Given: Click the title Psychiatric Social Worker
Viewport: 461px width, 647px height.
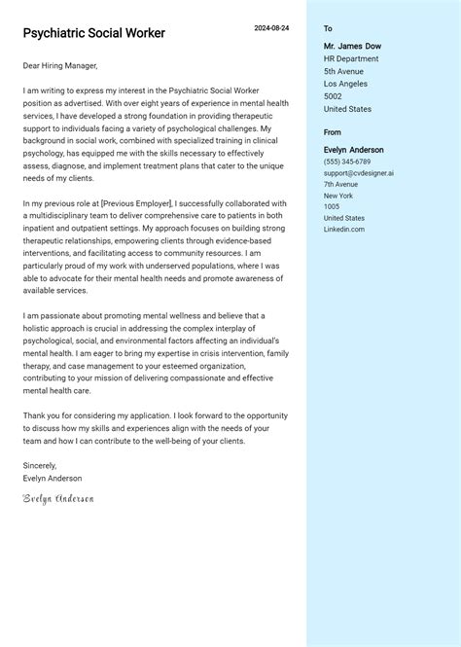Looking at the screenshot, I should [x=94, y=33].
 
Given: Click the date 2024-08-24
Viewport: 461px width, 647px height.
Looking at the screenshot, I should [x=271, y=28].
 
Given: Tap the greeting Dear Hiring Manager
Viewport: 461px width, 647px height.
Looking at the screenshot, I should [x=60, y=66].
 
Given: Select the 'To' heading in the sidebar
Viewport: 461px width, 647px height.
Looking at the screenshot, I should [x=328, y=29].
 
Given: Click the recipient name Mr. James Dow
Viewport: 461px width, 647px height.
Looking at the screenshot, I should [x=352, y=46].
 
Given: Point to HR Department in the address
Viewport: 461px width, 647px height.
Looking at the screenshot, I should [x=351, y=58].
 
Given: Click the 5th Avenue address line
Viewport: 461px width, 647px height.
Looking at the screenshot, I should [x=342, y=71].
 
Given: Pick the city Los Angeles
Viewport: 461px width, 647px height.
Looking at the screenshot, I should [x=346, y=84].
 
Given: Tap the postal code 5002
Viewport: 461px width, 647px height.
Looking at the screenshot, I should [x=333, y=96].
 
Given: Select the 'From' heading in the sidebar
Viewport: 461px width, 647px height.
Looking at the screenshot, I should [x=333, y=132].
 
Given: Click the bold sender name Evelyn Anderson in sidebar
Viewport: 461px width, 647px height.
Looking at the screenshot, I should [x=354, y=150].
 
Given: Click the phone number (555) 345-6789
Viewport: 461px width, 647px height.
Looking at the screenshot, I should [x=347, y=162].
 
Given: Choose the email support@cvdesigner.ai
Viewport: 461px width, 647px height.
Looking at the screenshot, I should [x=358, y=173].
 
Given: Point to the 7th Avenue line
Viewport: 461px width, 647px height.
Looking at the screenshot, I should [x=340, y=184].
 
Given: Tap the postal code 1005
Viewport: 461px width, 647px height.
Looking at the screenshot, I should [x=332, y=206].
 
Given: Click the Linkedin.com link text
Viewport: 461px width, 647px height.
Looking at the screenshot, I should [x=344, y=229].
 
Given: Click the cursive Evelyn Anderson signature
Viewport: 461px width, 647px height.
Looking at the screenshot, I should [x=58, y=498].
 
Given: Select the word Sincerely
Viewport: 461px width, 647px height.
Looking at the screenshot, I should [x=40, y=466].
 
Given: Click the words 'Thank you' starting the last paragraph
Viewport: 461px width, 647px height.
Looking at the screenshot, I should [x=41, y=415].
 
